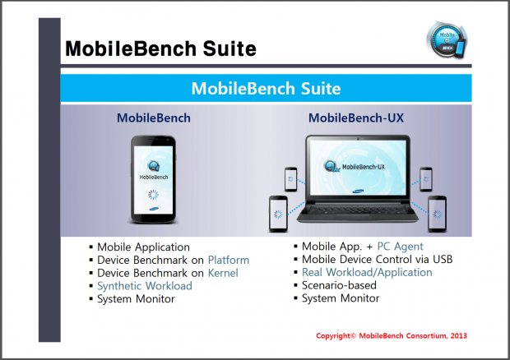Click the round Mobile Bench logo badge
coord(447,40)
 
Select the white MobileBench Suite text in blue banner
coord(266,88)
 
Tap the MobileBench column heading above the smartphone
coord(153,118)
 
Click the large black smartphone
coord(153,180)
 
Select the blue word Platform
coord(228,260)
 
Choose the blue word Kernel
coord(223,273)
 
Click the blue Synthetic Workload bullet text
coord(145,286)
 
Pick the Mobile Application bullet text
coord(143,247)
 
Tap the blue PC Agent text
coord(400,247)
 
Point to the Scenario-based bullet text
coord(339,285)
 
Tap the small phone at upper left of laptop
coord(290,179)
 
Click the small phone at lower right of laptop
coord(437,213)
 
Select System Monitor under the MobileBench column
coord(136,298)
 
